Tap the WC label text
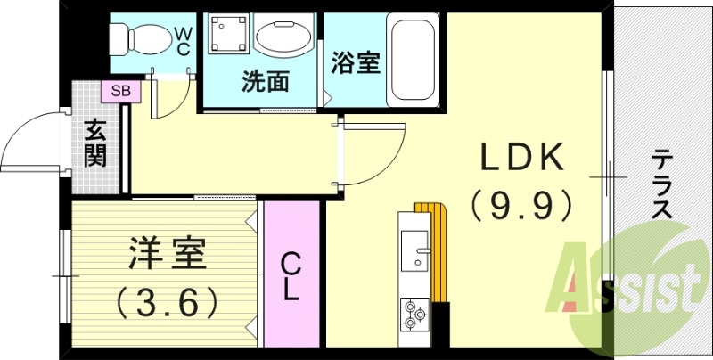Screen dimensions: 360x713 tap(183, 41)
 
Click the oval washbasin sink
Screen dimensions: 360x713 tap(283, 38)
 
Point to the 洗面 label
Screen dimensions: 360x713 tap(265, 82)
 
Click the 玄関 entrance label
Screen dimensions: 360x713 tap(95, 142)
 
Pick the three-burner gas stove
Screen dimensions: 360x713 tap(414, 312)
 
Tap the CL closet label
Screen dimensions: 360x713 tap(291, 275)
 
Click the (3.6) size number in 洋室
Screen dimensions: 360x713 tap(167, 303)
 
